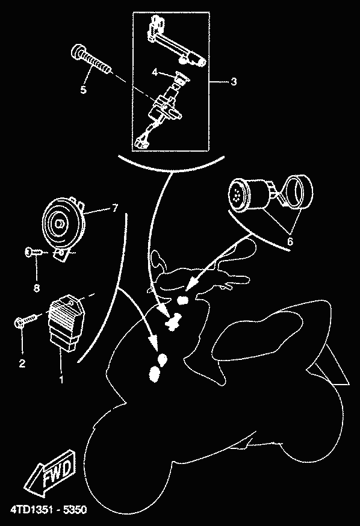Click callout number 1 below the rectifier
pyautogui.click(x=61, y=380)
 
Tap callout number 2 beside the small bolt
pyautogui.click(x=22, y=364)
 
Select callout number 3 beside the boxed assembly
pyautogui.click(x=234, y=81)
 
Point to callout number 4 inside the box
pyautogui.click(x=155, y=72)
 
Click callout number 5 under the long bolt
pyautogui.click(x=83, y=90)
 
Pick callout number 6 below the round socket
pyautogui.click(x=290, y=241)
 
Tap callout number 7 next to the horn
pyautogui.click(x=115, y=208)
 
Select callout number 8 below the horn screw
pyautogui.click(x=37, y=288)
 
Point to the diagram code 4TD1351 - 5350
pyautogui.click(x=49, y=510)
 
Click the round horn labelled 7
pyautogui.click(x=63, y=223)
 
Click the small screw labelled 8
pyautogui.click(x=34, y=252)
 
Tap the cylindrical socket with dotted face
pyautogui.click(x=250, y=194)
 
